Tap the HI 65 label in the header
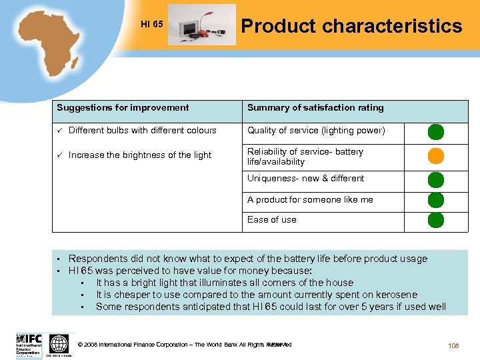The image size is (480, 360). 152,25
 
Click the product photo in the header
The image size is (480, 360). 201,25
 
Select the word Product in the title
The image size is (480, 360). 277,26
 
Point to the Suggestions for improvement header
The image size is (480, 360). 123,107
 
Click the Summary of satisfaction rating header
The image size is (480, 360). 315,107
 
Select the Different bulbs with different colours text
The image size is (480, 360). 142,130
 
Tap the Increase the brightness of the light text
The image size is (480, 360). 139,155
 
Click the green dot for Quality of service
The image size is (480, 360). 435,131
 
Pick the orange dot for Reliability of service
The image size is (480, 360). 435,156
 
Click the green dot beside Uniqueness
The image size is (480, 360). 435,179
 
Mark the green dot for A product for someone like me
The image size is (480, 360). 435,200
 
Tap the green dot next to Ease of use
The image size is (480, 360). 435,220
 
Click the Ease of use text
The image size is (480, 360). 272,219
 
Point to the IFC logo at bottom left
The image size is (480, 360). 29,345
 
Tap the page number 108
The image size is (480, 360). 453,345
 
